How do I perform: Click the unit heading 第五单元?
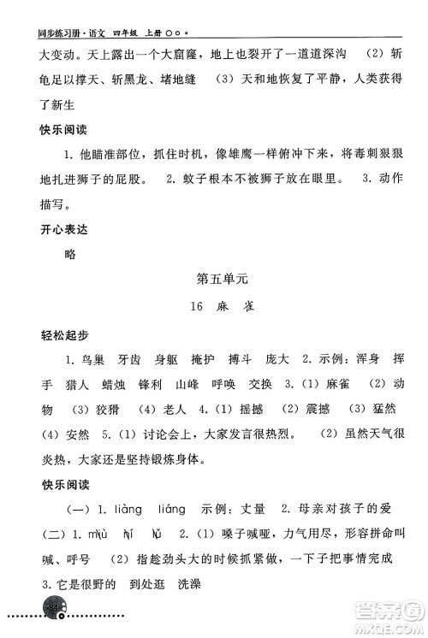pyautogui.click(x=222, y=278)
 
